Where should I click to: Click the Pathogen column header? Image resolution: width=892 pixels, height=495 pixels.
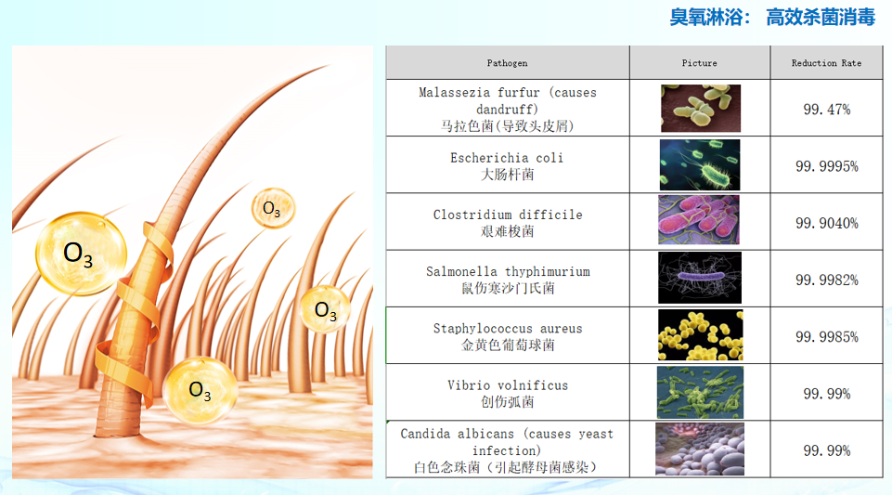[x=507, y=63]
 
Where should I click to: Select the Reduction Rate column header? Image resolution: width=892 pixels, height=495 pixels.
[x=826, y=63]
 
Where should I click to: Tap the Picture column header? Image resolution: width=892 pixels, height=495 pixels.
[x=699, y=63]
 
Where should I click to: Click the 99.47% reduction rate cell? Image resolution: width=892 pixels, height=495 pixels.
[x=827, y=110]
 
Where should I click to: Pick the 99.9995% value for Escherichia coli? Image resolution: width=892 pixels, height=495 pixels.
[x=827, y=166]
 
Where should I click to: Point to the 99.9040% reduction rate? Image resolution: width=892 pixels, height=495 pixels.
[x=827, y=223]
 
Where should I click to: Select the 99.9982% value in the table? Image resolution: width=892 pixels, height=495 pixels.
[x=827, y=280]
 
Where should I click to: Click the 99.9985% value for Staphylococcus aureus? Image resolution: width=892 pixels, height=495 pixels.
[x=827, y=337]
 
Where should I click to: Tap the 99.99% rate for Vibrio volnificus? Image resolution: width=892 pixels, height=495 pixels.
[x=827, y=394]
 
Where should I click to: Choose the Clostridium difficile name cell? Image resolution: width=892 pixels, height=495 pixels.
[x=508, y=223]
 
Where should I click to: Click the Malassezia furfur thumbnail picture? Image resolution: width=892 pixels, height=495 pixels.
[x=701, y=108]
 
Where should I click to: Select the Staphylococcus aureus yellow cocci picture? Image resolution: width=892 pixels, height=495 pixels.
[x=700, y=335]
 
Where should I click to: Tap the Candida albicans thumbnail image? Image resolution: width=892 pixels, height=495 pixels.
[x=700, y=449]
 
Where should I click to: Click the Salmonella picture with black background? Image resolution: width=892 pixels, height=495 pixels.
[x=700, y=278]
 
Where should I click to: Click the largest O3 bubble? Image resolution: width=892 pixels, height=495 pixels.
[x=81, y=254]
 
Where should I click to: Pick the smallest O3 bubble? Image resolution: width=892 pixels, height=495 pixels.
[x=273, y=208]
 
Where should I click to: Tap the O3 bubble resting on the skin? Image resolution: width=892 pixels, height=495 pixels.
[x=200, y=390]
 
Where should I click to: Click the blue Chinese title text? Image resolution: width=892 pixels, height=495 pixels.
[x=772, y=17]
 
